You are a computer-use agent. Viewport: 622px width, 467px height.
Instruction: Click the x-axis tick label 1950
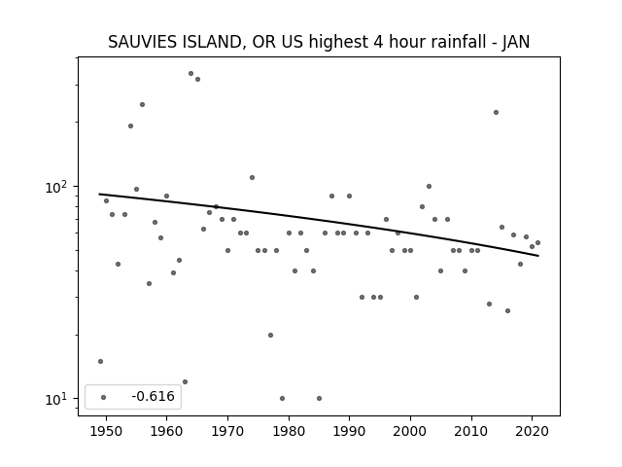coord(106,432)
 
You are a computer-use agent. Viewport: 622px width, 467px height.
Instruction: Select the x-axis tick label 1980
coord(289,432)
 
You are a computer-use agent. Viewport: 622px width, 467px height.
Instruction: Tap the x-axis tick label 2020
coord(533,432)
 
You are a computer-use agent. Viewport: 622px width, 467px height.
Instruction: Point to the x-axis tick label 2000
coord(410,432)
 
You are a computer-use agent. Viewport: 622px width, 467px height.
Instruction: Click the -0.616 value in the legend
coord(153,396)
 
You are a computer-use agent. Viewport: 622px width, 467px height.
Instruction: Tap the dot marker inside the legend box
coord(104,397)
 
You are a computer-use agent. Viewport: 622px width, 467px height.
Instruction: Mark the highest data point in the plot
coord(190,74)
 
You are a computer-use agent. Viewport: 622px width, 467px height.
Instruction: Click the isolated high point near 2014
coord(496,113)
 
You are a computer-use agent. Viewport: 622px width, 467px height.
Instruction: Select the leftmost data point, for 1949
coord(100,361)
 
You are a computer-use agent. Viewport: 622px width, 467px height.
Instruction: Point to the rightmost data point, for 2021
coord(537,242)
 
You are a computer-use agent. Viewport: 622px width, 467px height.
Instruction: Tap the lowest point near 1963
coord(185,382)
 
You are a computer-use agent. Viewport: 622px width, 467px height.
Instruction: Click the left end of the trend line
coord(99,194)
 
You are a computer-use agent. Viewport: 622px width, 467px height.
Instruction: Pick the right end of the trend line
coord(538,256)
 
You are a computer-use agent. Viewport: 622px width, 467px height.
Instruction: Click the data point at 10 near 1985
coord(319,398)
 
